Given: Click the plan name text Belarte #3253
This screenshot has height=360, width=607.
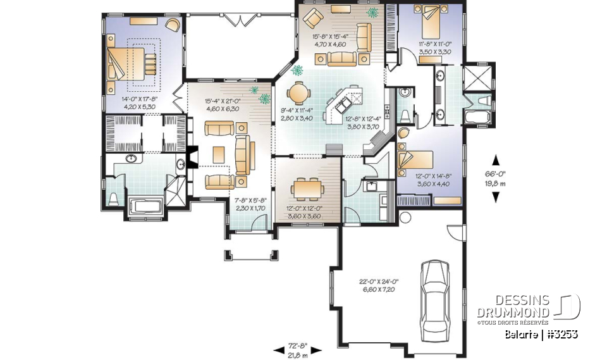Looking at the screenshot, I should [x=541, y=333].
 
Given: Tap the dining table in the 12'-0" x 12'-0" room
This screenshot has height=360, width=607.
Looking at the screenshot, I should [x=305, y=188].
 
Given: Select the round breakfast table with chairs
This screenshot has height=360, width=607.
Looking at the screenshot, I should [x=298, y=94].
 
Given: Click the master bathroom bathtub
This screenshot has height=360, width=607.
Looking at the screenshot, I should [x=145, y=206].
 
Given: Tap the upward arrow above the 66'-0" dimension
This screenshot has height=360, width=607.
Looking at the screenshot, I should [x=495, y=160].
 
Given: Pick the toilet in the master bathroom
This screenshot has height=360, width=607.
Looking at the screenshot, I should [x=114, y=199].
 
